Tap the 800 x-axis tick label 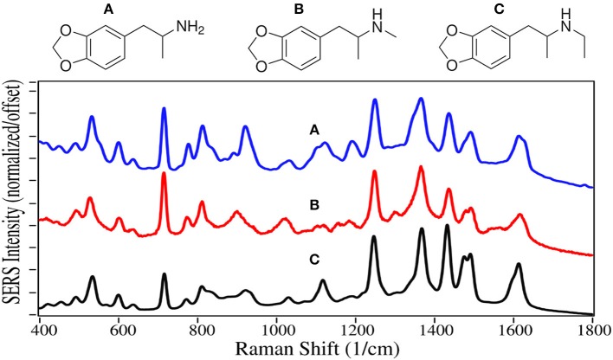tap(199, 330)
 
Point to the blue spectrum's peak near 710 tap(164, 110)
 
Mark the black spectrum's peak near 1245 tap(374, 237)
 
